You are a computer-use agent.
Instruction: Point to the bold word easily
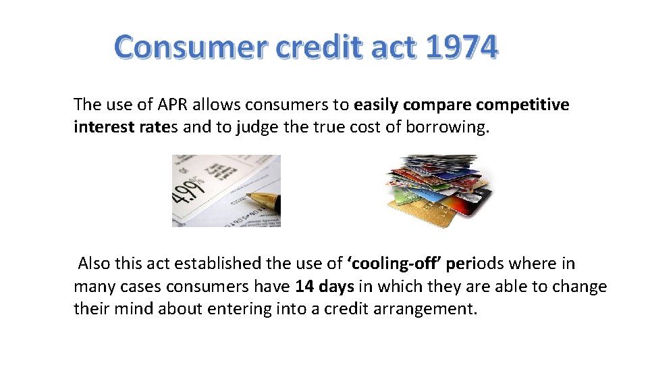tap(377, 105)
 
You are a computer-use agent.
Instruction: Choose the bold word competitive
tap(522, 105)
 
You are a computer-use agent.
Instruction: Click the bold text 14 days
tap(325, 287)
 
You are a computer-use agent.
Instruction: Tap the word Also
tap(94, 264)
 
